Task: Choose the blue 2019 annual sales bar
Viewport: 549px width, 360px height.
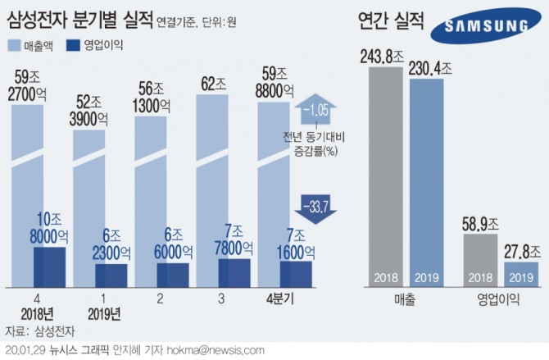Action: (x=426, y=180)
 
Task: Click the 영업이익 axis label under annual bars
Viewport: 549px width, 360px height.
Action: (x=501, y=301)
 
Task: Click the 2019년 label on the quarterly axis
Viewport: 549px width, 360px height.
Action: (x=104, y=314)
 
